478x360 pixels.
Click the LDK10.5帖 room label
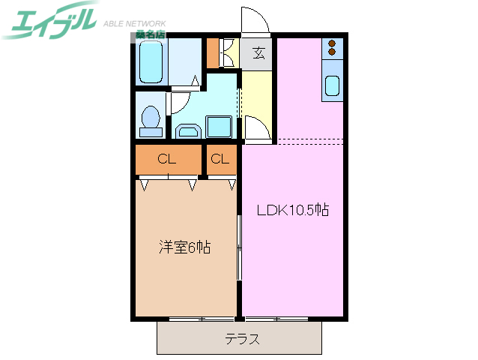click(293, 211)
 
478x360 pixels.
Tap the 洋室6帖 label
click(184, 247)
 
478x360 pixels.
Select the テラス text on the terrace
click(243, 339)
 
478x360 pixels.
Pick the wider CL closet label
click(167, 159)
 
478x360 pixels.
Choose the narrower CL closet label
click(220, 159)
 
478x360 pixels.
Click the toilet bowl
click(151, 116)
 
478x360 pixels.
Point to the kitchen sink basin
click(332, 86)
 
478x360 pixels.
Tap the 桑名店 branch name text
click(150, 34)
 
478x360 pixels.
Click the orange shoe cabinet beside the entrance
click(212, 52)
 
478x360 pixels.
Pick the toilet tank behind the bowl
click(151, 132)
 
